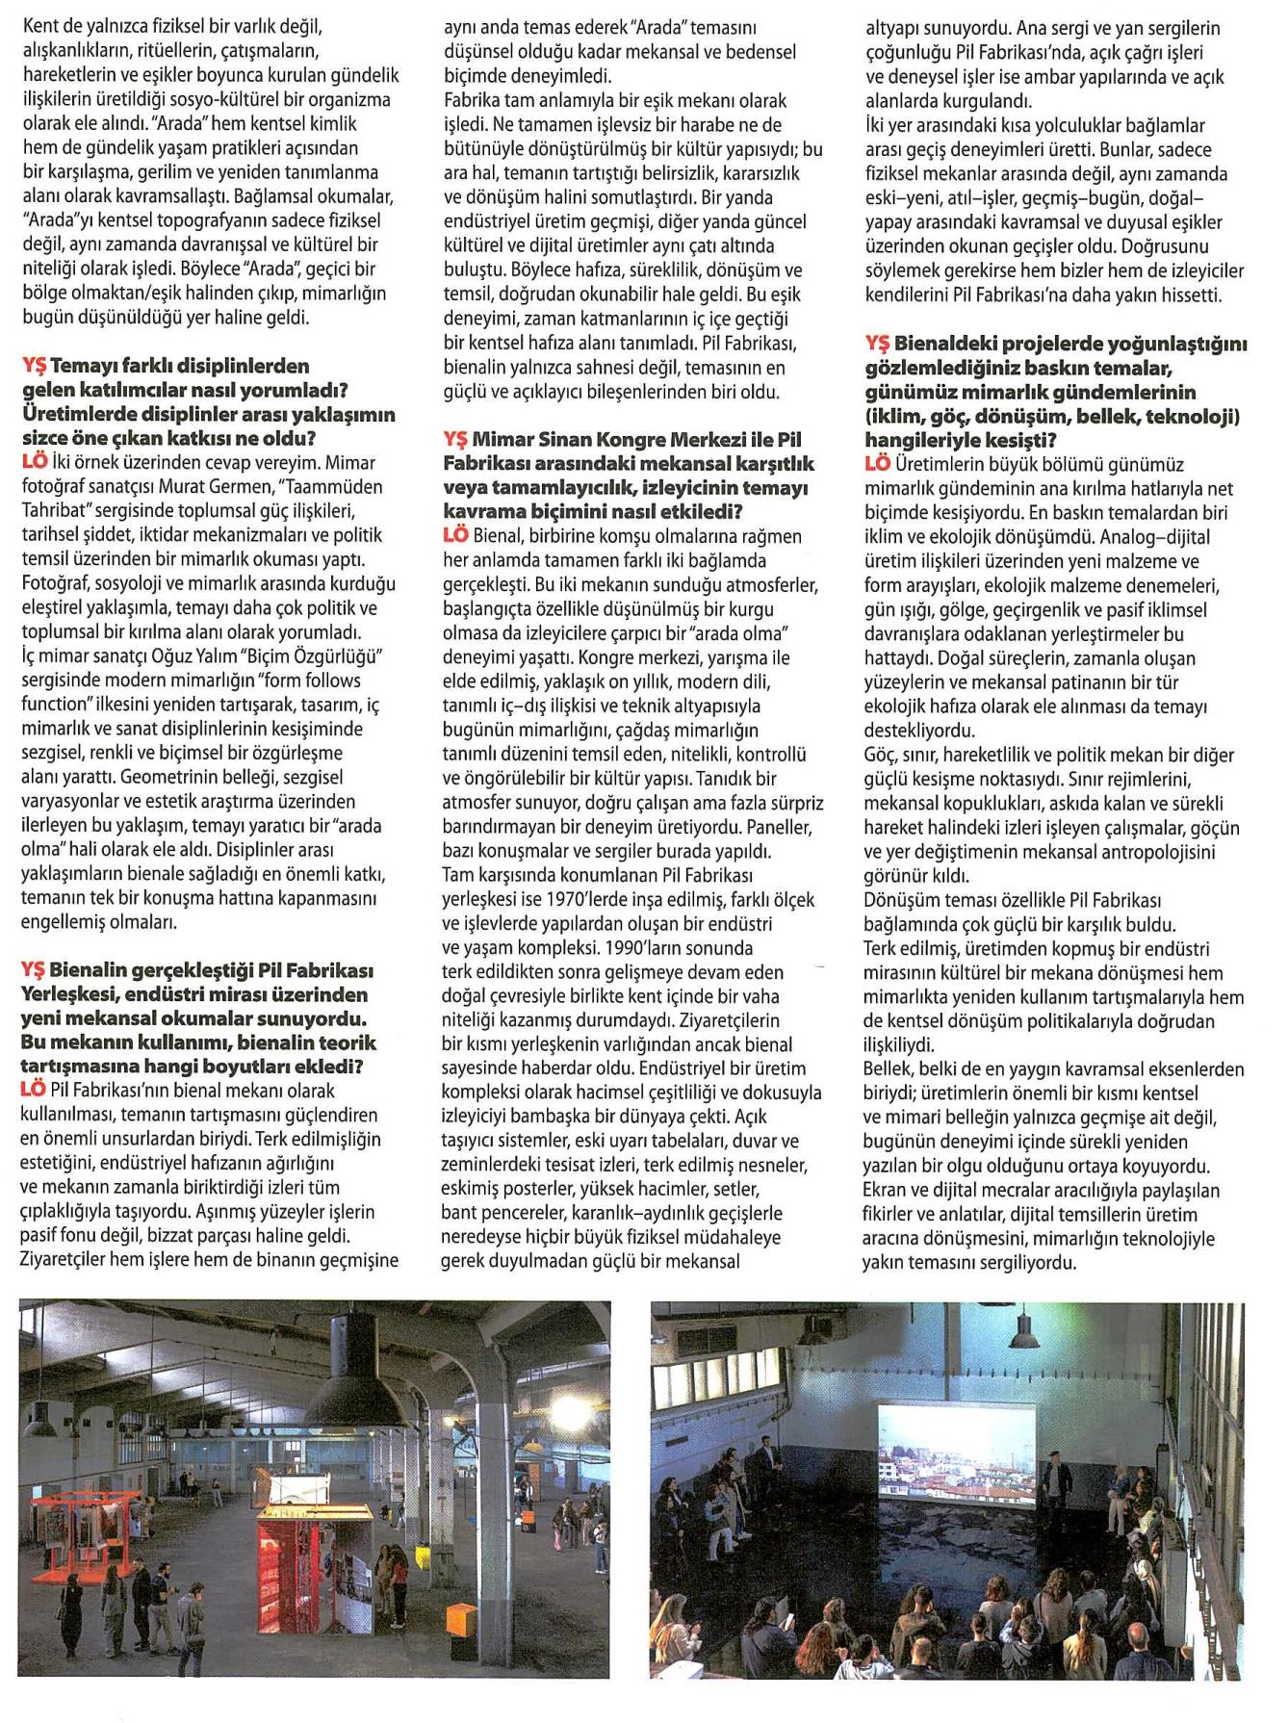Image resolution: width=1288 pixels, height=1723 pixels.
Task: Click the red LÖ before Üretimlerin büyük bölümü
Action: [x=877, y=464]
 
